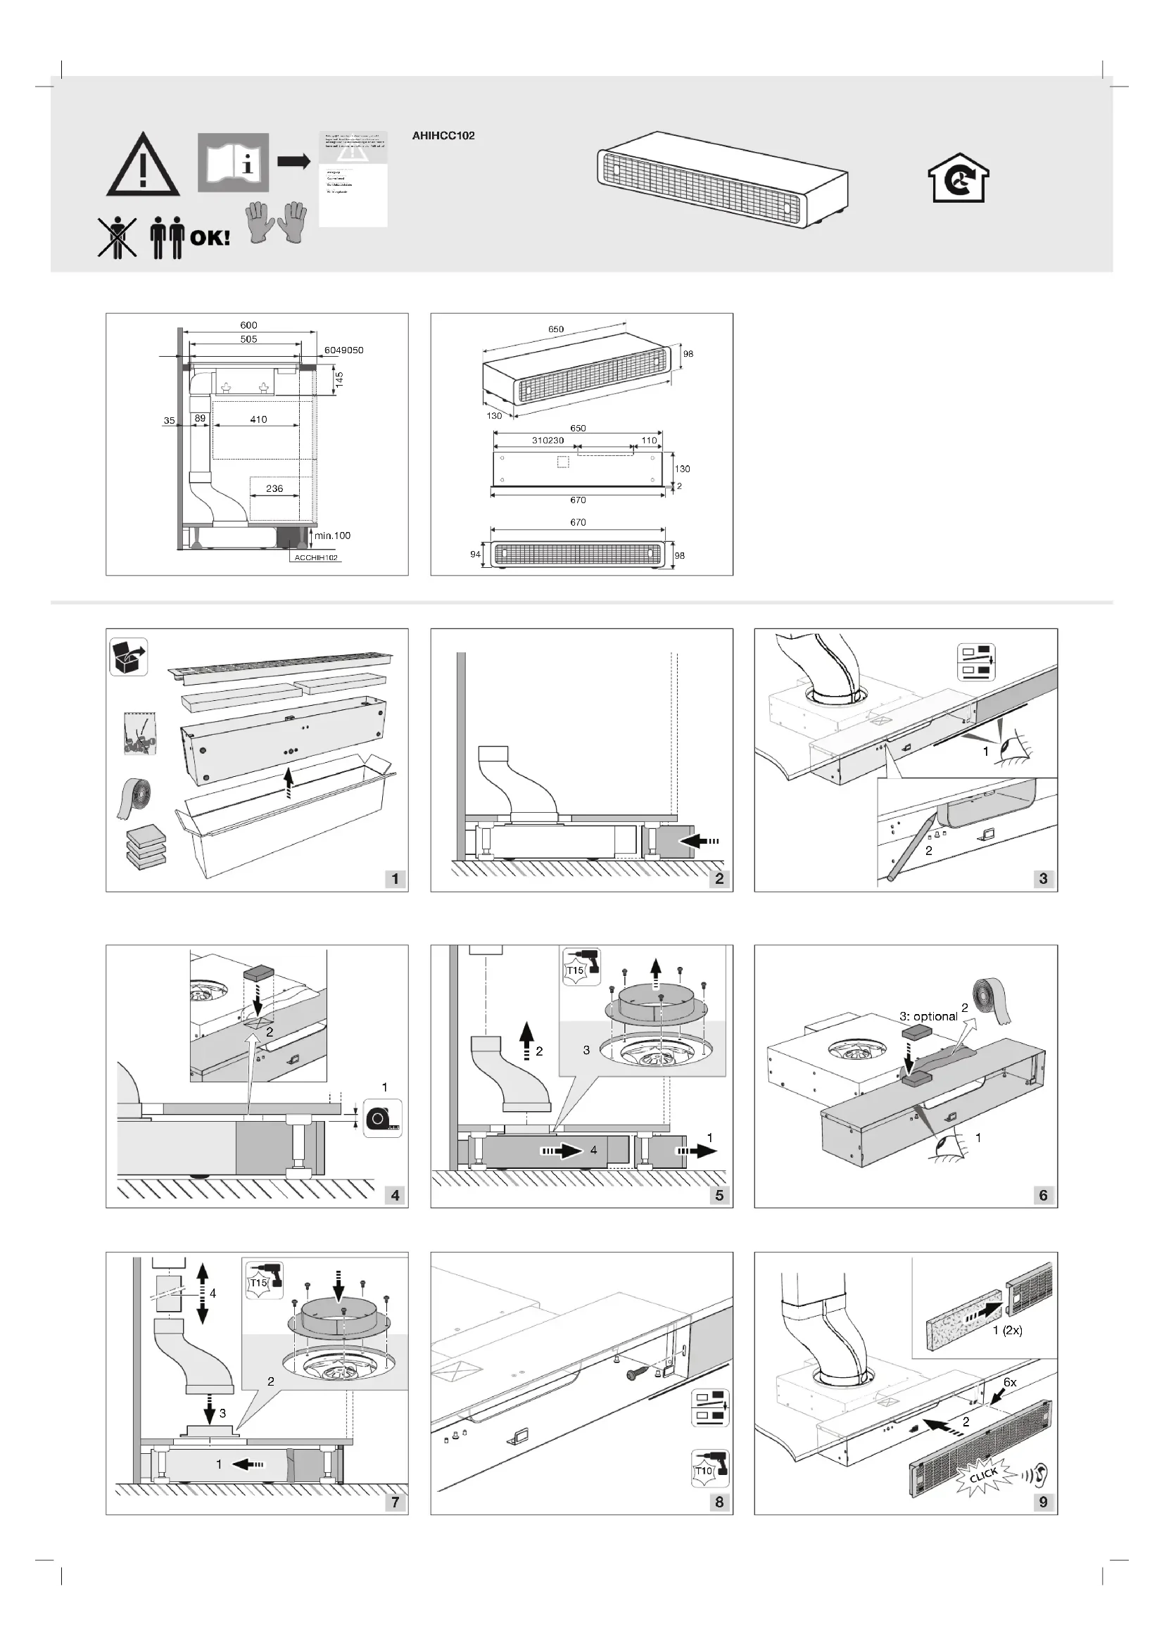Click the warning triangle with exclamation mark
pyautogui.click(x=143, y=166)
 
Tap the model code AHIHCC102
pyautogui.click(x=443, y=136)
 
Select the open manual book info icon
pyautogui.click(x=233, y=163)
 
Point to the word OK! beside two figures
pyautogui.click(x=210, y=237)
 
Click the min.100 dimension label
pyautogui.click(x=333, y=536)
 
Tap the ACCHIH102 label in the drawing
pyautogui.click(x=316, y=557)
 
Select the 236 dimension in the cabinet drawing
pyautogui.click(x=274, y=488)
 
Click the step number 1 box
pyautogui.click(x=395, y=878)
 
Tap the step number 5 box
pyautogui.click(x=719, y=1194)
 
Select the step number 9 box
pyautogui.click(x=1043, y=1501)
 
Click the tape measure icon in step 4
pyautogui.click(x=383, y=1117)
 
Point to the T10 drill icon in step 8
pyautogui.click(x=709, y=1469)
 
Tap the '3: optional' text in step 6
pyautogui.click(x=928, y=1017)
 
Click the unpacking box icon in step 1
pyautogui.click(x=129, y=657)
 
